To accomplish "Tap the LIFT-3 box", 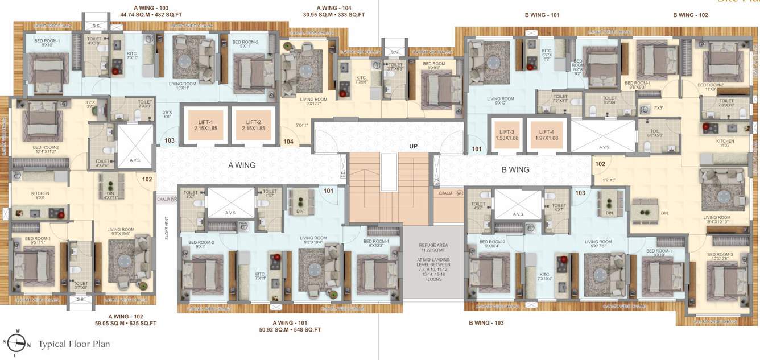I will (507, 134).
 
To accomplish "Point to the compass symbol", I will (18, 343).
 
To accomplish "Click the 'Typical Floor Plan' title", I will (74, 344).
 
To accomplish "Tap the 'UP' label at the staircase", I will (414, 146).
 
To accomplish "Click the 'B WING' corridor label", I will (515, 169).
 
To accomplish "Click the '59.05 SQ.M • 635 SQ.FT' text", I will (126, 323).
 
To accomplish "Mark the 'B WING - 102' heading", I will (690, 15).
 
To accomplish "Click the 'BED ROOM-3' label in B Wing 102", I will (720, 257).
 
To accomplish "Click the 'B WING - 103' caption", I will (486, 323).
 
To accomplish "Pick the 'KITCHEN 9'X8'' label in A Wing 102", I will (40, 196).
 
